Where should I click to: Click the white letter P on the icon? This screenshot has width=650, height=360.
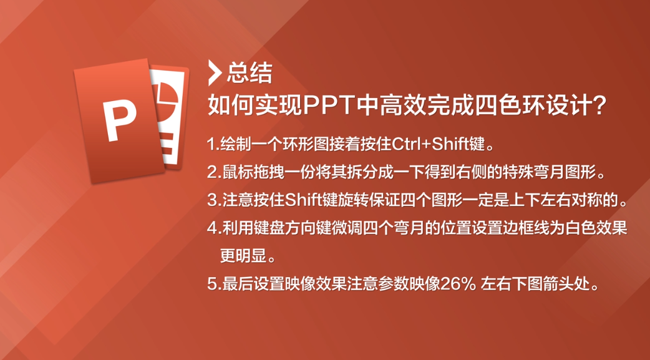(x=120, y=120)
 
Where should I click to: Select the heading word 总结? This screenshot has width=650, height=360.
(x=250, y=73)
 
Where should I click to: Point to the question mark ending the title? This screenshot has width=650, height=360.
(x=599, y=107)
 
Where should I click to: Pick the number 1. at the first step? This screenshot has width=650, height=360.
(x=213, y=145)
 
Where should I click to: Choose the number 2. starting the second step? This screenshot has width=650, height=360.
(x=214, y=173)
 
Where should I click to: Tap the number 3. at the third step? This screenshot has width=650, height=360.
(x=214, y=201)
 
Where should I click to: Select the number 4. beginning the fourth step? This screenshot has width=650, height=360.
(x=214, y=228)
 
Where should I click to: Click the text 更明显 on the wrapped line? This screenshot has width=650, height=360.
(x=243, y=256)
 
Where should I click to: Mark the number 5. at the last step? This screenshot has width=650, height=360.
(x=214, y=285)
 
